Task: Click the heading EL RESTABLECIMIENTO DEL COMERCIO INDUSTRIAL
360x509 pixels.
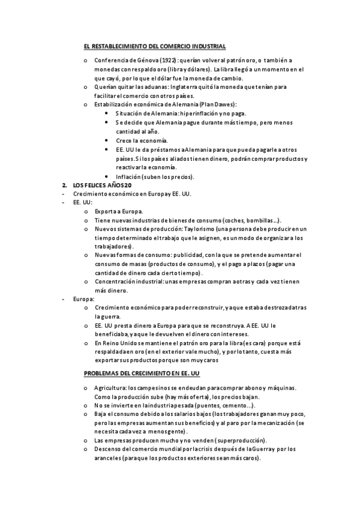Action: pyautogui.click(x=154, y=46)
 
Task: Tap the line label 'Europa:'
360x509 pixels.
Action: pyautogui.click(x=83, y=299)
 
